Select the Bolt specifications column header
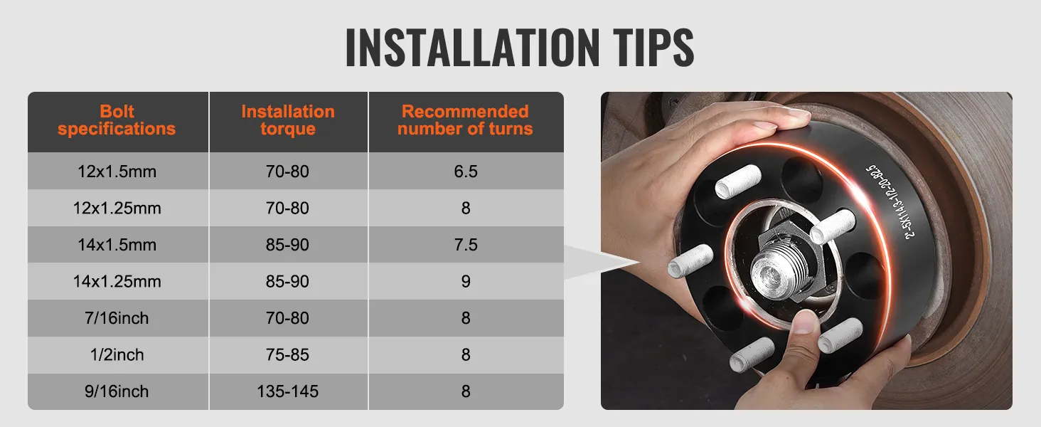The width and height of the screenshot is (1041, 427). (117, 120)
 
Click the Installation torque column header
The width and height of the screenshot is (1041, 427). (288, 120)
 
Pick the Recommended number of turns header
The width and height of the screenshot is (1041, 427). (465, 120)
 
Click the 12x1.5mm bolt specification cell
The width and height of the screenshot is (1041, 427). (117, 172)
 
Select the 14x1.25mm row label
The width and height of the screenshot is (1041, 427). (117, 281)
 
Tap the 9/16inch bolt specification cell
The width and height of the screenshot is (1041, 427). (117, 391)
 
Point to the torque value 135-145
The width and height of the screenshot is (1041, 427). (288, 391)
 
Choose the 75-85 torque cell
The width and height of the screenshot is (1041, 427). (288, 354)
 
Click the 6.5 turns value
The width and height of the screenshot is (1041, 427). (465, 172)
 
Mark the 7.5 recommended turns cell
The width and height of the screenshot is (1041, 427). (465, 245)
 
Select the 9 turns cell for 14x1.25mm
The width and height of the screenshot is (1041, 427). (465, 281)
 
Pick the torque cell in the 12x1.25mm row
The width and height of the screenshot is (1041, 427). (288, 208)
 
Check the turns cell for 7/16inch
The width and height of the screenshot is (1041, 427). (465, 317)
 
